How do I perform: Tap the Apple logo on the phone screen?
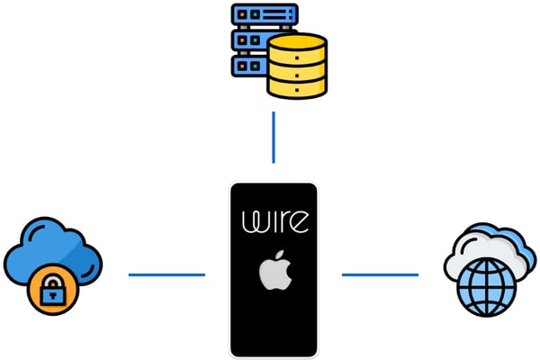pos(274,271)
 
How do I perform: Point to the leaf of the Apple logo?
pos(277,256)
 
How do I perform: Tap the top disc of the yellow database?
pos(296,42)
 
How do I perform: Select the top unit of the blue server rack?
pos(264,15)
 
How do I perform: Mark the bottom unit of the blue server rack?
pos(250,67)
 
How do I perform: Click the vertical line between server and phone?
pos(274,138)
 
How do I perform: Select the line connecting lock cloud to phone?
pos(166,274)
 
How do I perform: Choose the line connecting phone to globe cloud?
pos(380,274)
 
